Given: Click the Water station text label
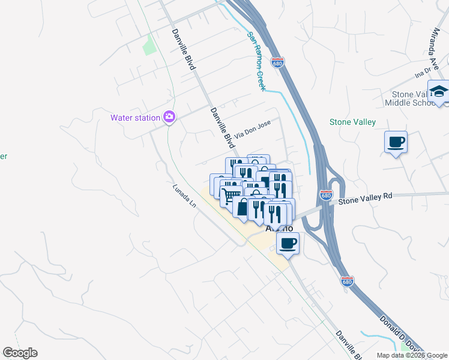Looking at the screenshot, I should pyautogui.click(x=135, y=118).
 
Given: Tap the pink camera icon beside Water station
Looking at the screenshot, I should pyautogui.click(x=169, y=116).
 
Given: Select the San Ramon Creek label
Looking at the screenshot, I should pyautogui.click(x=256, y=61).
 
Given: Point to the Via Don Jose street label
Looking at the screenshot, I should pyautogui.click(x=253, y=129).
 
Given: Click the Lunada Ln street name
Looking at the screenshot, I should pyautogui.click(x=184, y=196).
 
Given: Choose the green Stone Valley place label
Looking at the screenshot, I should pyautogui.click(x=352, y=122).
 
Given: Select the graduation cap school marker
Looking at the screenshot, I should pyautogui.click(x=439, y=91).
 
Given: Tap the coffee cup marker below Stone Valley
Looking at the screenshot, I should pyautogui.click(x=396, y=142).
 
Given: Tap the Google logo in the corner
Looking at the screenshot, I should pyautogui.click(x=20, y=353).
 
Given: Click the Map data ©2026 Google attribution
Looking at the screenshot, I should pyautogui.click(x=411, y=355).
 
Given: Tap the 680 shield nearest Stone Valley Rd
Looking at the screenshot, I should pyautogui.click(x=325, y=196).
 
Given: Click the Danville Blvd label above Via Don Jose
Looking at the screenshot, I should pyautogui.click(x=184, y=50).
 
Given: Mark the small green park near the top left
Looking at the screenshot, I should pyautogui.click(x=148, y=45).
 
